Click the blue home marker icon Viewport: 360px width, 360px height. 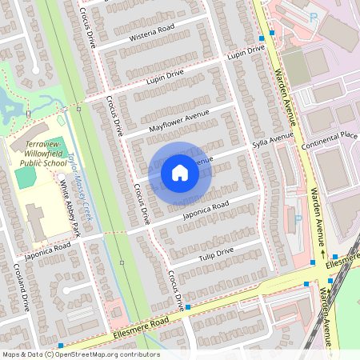click(x=180, y=172)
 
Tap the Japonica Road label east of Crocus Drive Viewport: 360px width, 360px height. click(x=206, y=208)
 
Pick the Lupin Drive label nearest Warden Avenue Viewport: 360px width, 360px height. click(x=245, y=53)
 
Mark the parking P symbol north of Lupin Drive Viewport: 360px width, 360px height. click(x=314, y=14)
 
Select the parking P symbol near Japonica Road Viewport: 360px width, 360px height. click(x=298, y=218)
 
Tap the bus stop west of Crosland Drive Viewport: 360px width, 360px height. click(x=61, y=346)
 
